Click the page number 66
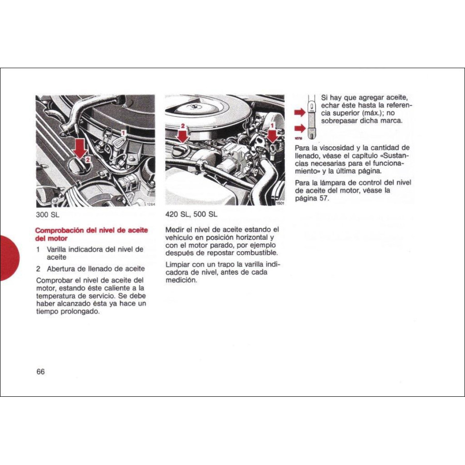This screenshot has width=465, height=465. (40, 372)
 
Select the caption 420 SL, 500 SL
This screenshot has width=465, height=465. (191, 214)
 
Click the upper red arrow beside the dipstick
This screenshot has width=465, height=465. (300, 112)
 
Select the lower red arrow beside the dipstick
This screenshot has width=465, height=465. (300, 128)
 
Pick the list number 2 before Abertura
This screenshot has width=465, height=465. (39, 269)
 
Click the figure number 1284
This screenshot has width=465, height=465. (150, 204)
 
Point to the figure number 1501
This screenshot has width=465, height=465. (279, 203)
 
